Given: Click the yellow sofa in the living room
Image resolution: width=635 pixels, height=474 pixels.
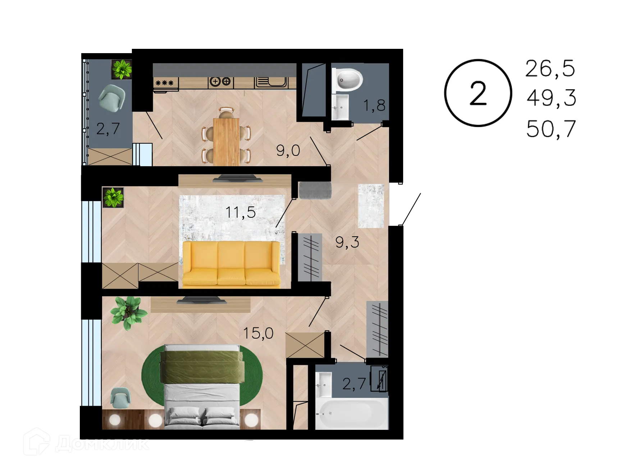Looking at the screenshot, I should [231, 264].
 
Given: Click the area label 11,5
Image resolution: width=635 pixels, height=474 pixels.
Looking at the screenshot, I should [241, 212].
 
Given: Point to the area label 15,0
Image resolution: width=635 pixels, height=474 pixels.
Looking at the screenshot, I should [258, 333].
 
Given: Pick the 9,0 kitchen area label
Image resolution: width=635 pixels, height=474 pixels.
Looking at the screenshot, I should [288, 150].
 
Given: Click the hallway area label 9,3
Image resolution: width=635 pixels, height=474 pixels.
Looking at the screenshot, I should [347, 242].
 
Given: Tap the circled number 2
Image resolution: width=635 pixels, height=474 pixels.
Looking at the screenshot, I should [478, 93].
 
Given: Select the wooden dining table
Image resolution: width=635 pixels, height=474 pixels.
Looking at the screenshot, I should [226, 141].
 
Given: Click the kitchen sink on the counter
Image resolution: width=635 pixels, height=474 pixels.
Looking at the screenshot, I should [271, 82].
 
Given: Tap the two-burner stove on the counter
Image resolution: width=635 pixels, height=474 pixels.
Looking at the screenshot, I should [220, 82].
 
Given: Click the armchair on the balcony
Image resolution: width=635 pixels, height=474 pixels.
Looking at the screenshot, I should [112, 98].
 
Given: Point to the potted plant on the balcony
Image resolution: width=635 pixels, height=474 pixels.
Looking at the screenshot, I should [122, 69].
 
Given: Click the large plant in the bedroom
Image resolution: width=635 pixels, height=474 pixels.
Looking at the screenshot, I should [128, 312].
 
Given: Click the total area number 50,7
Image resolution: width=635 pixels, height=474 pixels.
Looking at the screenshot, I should [551, 128].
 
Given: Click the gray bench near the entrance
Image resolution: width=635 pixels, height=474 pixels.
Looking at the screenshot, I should [315, 190].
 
